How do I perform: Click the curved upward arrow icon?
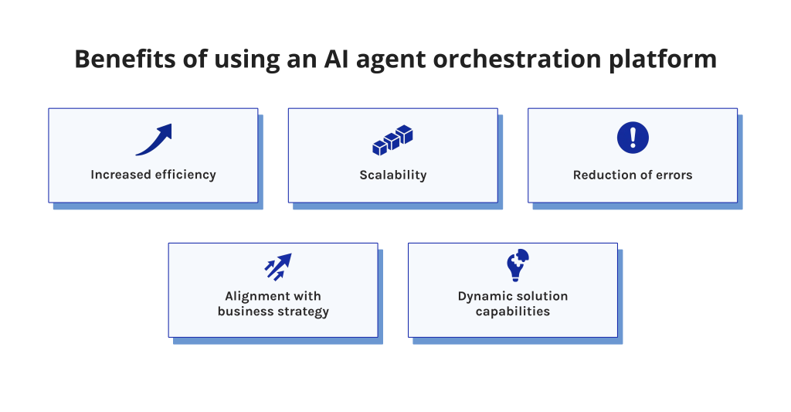pyautogui.click(x=153, y=140)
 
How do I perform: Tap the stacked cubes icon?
pyautogui.click(x=392, y=140)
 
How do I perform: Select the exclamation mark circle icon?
pyautogui.click(x=633, y=138)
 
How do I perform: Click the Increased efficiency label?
pyautogui.click(x=153, y=175)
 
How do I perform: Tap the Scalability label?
pyautogui.click(x=392, y=175)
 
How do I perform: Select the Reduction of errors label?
pyautogui.click(x=633, y=175)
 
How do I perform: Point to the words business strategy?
pyautogui.click(x=273, y=312)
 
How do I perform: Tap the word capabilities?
pyautogui.click(x=513, y=312)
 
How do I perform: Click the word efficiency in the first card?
pyautogui.click(x=185, y=175)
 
